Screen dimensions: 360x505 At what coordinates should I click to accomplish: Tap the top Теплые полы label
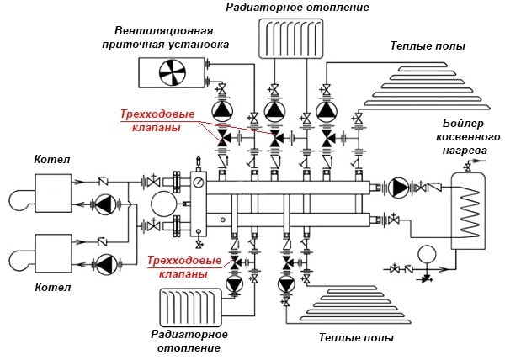[x=428, y=45]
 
